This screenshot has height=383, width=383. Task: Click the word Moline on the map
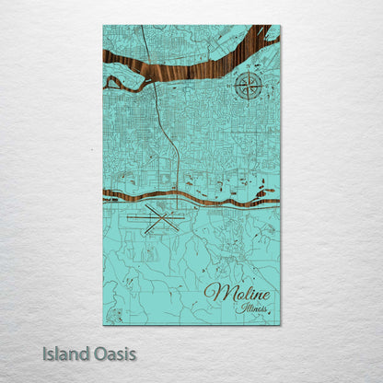tap(238, 294)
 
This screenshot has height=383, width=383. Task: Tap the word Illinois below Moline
tap(251, 308)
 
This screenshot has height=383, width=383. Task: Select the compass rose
tap(246, 87)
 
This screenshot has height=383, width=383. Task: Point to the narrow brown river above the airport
tap(184, 198)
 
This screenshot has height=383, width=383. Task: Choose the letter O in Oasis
tap(98, 353)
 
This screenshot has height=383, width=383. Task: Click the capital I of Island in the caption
tap(44, 353)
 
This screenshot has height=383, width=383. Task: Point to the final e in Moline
tap(267, 295)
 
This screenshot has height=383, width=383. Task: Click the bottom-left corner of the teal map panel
tap(104, 324)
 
